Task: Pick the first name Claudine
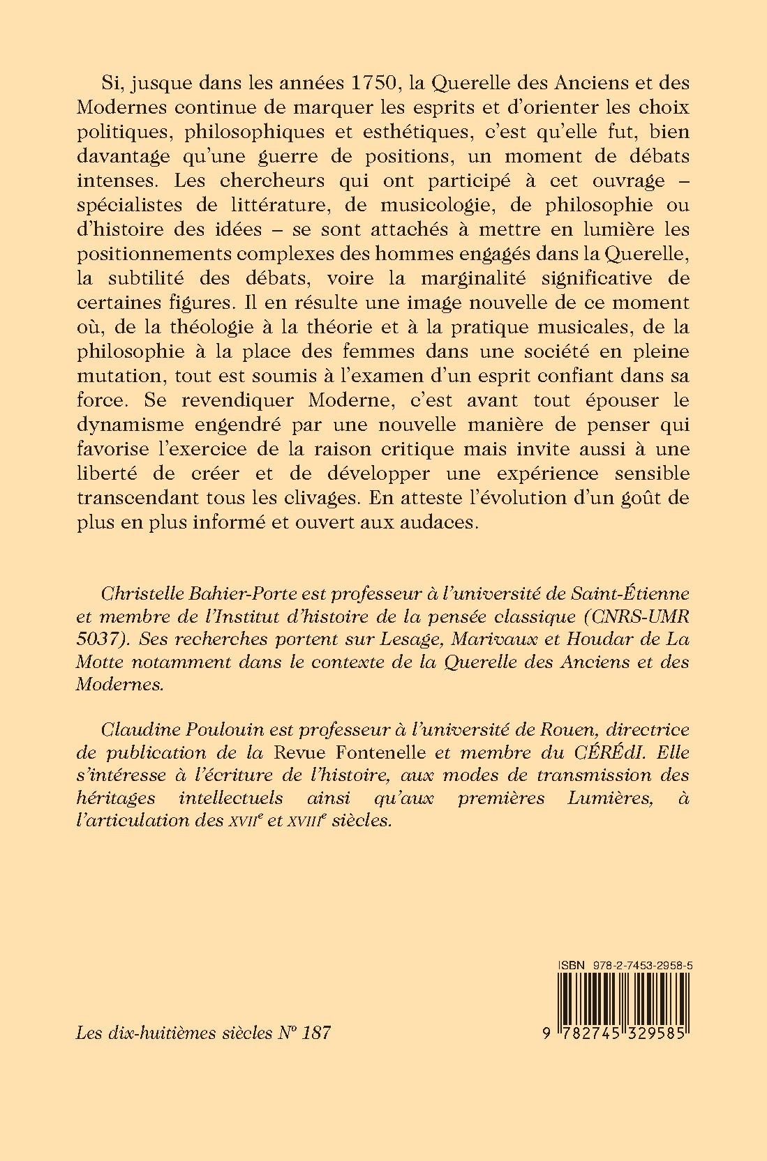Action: pyautogui.click(x=135, y=730)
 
